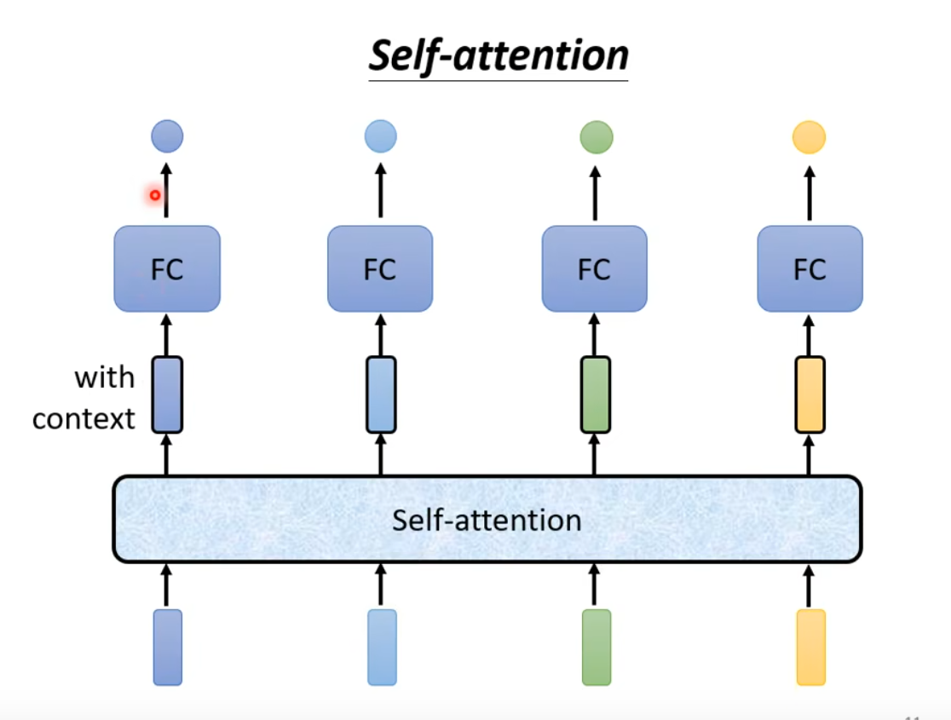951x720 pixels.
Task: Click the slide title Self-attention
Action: pyautogui.click(x=499, y=55)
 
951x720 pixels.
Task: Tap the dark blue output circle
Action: pyautogui.click(x=167, y=136)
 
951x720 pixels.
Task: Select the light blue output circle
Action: pyautogui.click(x=380, y=136)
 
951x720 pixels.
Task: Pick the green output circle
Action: pyautogui.click(x=596, y=137)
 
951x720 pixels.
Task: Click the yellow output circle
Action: pyautogui.click(x=809, y=137)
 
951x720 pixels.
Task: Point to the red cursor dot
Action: pyautogui.click(x=155, y=195)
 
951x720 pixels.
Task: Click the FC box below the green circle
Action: pyautogui.click(x=595, y=268)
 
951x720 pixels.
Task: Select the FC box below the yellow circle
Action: pyautogui.click(x=810, y=268)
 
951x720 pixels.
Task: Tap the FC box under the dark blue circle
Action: pyautogui.click(x=167, y=268)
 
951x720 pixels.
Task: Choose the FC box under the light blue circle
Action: pyautogui.click(x=380, y=268)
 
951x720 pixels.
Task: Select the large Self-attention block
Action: pyautogui.click(x=487, y=519)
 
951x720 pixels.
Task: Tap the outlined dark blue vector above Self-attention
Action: pyautogui.click(x=167, y=395)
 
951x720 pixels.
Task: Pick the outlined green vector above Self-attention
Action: pyautogui.click(x=596, y=395)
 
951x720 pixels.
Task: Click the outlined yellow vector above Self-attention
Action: pyautogui.click(x=810, y=395)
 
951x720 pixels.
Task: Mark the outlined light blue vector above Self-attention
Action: pyautogui.click(x=381, y=395)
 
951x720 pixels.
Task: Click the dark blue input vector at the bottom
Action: pyautogui.click(x=167, y=647)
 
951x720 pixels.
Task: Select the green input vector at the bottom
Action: pyautogui.click(x=597, y=647)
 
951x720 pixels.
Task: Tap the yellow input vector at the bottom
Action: pyautogui.click(x=810, y=647)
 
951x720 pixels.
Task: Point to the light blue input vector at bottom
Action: pyautogui.click(x=382, y=647)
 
